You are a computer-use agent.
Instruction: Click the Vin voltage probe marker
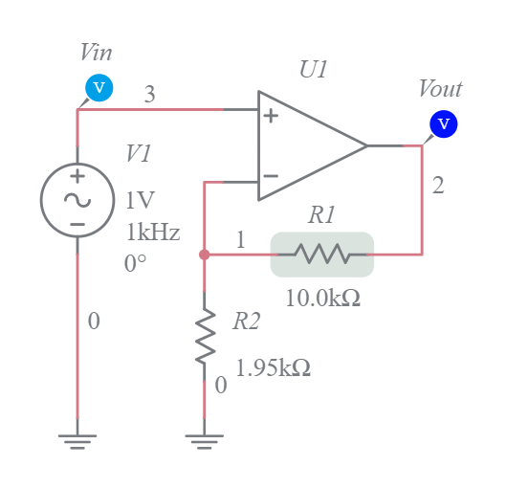click(x=99, y=88)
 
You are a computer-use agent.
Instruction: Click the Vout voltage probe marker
click(x=443, y=123)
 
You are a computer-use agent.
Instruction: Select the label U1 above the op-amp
click(x=314, y=70)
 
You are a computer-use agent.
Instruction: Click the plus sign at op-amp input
click(x=271, y=117)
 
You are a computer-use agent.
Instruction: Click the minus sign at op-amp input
click(x=271, y=177)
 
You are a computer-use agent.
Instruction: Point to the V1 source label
click(x=138, y=153)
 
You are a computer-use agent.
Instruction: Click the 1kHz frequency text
click(x=152, y=233)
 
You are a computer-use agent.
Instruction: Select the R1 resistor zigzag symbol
click(x=321, y=255)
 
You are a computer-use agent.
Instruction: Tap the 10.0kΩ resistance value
click(x=322, y=298)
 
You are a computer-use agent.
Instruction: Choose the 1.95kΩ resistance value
click(x=273, y=367)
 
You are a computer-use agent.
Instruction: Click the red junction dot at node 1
click(x=204, y=255)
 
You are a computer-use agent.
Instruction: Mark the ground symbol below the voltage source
click(x=77, y=441)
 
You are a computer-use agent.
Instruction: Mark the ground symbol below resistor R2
click(x=204, y=441)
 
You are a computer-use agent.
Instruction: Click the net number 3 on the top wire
click(x=150, y=94)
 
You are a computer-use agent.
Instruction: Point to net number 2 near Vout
click(x=438, y=186)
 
